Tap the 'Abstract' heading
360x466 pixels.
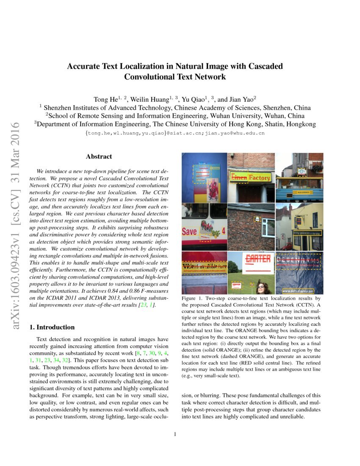click(x=99, y=156)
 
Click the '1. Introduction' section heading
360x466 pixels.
click(x=51, y=327)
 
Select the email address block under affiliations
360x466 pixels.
click(x=174, y=133)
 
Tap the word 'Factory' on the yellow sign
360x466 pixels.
click(x=259, y=178)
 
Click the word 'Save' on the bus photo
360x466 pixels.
click(x=189, y=232)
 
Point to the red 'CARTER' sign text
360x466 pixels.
click(x=258, y=258)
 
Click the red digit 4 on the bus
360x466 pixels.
click(x=223, y=231)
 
